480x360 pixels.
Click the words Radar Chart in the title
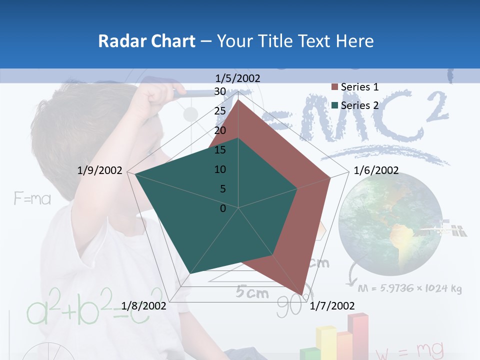pos(146,41)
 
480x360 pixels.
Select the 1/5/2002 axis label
pos(238,78)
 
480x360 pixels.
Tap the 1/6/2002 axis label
pos(376,170)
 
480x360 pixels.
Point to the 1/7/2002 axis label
pos(332,305)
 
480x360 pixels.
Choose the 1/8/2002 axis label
pos(144,305)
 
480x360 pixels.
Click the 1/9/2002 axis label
pos(100,170)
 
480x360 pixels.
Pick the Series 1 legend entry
pos(355,87)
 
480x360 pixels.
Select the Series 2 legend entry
pos(355,105)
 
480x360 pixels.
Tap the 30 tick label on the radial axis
pos(220,91)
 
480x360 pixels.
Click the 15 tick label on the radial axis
pos(220,150)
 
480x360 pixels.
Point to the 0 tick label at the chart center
pos(223,208)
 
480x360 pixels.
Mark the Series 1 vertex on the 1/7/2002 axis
pos(301,293)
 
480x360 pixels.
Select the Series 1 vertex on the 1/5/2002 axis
pos(238,99)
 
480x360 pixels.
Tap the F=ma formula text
pos(32,199)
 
